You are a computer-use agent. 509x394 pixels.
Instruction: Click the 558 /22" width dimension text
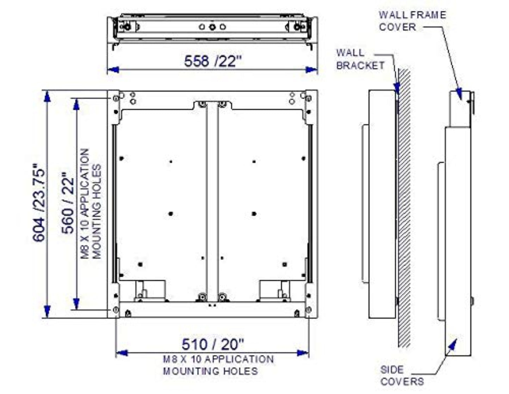click(213, 61)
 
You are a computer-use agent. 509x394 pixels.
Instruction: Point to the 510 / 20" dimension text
click(212, 344)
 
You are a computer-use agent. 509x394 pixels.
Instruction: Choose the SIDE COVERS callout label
click(402, 376)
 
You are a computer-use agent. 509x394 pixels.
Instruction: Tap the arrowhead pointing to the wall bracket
click(397, 88)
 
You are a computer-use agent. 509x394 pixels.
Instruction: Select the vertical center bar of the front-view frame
click(212, 201)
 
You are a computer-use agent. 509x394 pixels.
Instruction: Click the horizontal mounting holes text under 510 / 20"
click(218, 365)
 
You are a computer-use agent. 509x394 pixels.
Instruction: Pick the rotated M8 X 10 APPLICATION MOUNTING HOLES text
click(91, 204)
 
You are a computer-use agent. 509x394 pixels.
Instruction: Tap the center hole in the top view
click(212, 27)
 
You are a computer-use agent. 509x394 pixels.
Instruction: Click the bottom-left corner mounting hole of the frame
click(116, 310)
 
